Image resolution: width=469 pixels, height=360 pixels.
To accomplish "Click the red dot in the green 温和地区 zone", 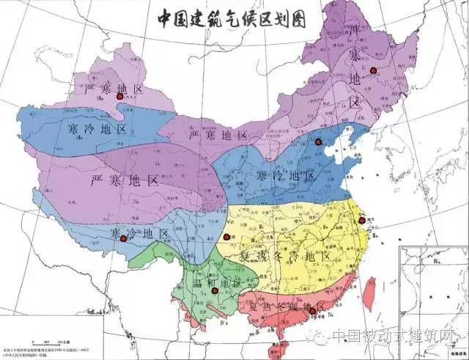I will click(x=215, y=291).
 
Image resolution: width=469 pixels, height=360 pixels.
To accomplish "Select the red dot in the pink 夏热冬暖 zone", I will click(x=313, y=312).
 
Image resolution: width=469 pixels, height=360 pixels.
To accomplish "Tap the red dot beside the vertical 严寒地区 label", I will click(x=373, y=70).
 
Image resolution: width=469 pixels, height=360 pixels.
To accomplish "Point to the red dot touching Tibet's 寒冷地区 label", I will click(x=122, y=237).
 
